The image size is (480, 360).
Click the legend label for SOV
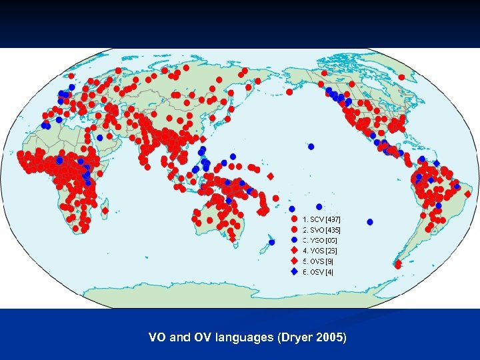[x=322, y=219]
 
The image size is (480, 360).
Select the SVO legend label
[x=322, y=229]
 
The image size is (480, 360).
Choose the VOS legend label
[x=320, y=251]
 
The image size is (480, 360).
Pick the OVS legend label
[x=318, y=261]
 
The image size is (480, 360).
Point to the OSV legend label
[x=318, y=272]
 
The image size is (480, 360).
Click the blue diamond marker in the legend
[x=294, y=272]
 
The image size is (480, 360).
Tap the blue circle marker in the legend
[x=294, y=240]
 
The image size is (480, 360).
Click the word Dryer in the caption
[x=291, y=338]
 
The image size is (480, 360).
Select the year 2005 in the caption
[x=331, y=338]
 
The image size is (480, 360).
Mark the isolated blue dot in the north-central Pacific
[x=311, y=147]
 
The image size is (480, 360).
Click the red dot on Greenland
[x=402, y=77]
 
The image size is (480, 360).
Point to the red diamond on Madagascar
[x=105, y=211]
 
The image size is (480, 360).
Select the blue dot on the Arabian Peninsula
[x=99, y=137]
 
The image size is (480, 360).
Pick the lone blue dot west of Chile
[x=370, y=221]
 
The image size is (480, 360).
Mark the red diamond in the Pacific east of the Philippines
[x=270, y=176]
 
